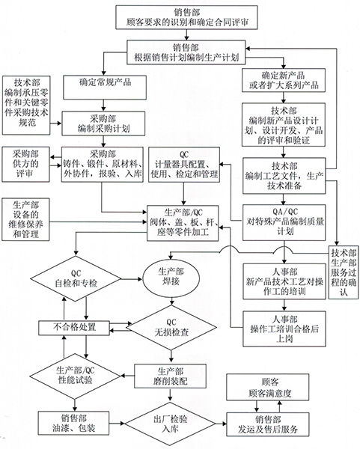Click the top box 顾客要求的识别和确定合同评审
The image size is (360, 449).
186,17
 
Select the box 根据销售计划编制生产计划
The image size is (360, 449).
186,52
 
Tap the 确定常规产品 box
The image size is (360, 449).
105,88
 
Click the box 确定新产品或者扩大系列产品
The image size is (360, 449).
284,80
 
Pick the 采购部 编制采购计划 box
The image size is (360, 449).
104,123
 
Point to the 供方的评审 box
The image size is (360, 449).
25,165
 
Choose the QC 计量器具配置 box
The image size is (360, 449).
184,165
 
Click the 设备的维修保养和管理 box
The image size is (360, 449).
25,219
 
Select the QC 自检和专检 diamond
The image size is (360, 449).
76,278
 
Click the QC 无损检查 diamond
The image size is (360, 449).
171,328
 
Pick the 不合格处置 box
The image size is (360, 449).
74,328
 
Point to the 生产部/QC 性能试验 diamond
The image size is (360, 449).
76,376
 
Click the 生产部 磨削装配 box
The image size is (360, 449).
171,376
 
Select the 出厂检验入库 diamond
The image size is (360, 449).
171,424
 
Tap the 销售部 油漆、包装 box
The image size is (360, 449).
73,424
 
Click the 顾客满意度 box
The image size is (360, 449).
268,387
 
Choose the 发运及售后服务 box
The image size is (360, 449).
268,424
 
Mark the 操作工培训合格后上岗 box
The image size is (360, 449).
284,329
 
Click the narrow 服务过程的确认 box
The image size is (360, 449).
344,272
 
